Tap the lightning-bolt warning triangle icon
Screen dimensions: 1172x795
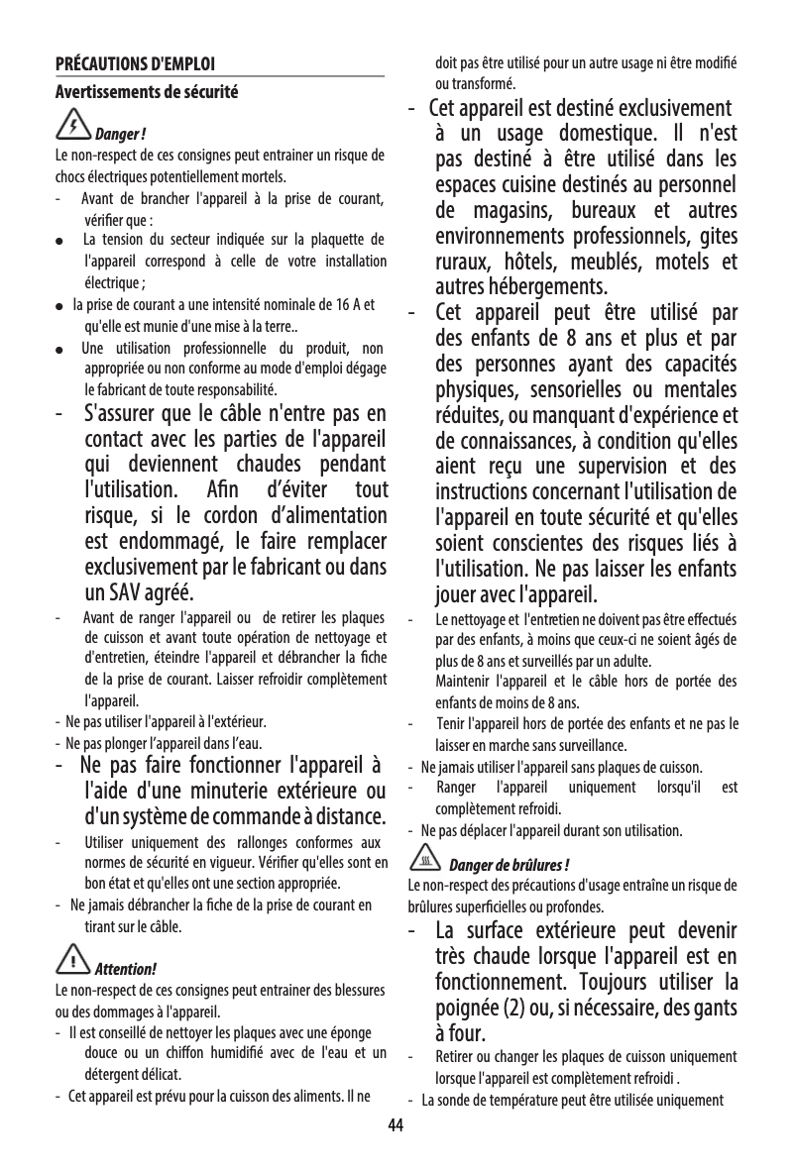(x=73, y=126)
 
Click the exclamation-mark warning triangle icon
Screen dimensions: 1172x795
(x=73, y=958)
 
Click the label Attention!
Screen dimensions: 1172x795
(x=125, y=967)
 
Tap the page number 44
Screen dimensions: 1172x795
(x=397, y=1125)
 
